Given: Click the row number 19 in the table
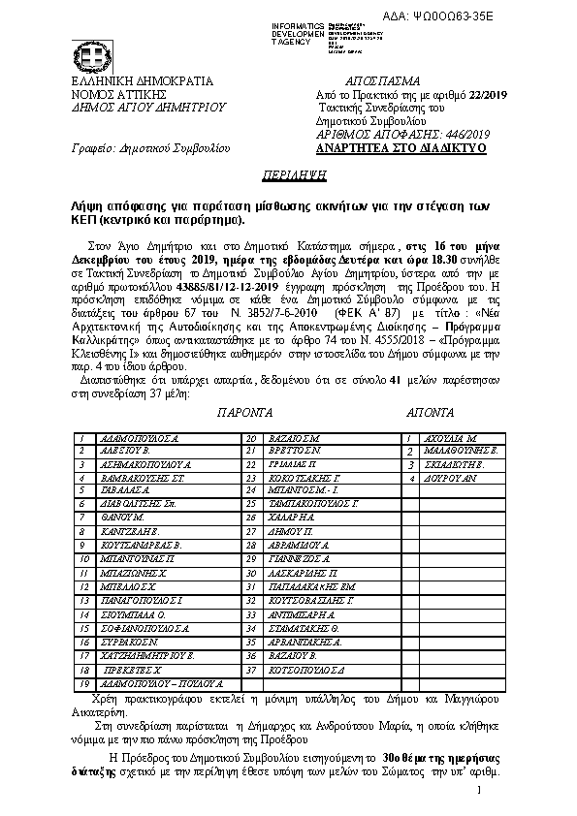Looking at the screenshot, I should tap(84, 684).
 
